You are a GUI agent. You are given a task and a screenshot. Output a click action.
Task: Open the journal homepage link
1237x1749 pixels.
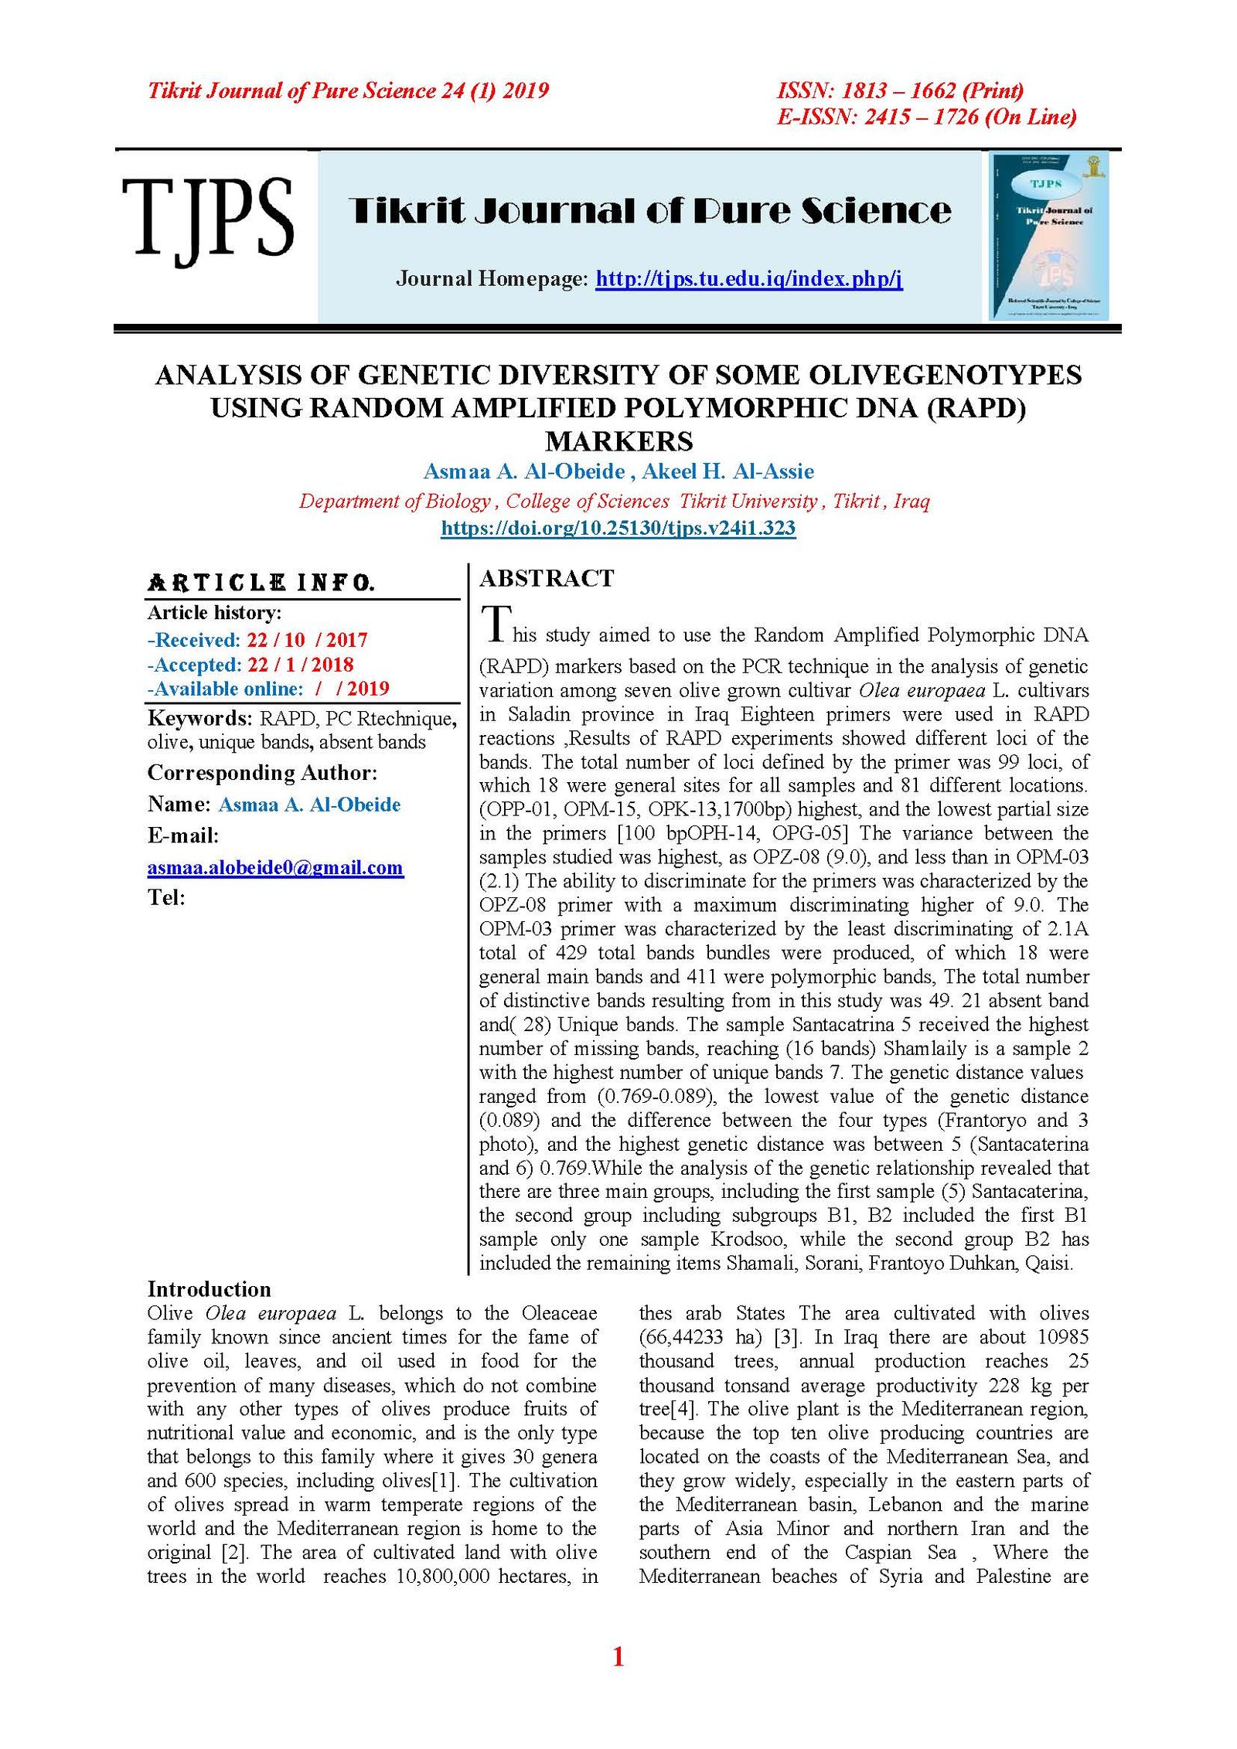click(748, 278)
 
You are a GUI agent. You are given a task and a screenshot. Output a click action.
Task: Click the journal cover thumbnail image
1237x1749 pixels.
click(1049, 236)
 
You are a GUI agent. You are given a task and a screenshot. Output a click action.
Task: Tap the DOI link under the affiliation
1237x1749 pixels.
click(618, 528)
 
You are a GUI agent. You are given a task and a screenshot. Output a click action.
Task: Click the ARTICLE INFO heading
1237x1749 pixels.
click(261, 583)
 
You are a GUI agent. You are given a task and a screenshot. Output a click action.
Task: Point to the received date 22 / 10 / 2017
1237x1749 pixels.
click(307, 640)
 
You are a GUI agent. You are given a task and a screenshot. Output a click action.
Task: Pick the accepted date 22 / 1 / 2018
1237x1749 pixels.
click(300, 665)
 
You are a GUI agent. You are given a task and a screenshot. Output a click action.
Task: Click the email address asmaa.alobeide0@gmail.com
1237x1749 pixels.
click(275, 867)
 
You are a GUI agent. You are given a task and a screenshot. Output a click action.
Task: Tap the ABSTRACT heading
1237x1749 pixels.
click(547, 578)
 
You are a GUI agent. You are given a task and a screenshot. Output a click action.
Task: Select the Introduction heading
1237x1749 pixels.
click(209, 1289)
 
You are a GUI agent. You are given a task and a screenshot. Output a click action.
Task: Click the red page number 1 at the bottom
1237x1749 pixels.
click(618, 1656)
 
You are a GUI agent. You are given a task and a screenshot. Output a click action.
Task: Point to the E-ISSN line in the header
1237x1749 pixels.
click(926, 117)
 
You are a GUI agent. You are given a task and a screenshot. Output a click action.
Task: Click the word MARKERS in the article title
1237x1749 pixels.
click(618, 441)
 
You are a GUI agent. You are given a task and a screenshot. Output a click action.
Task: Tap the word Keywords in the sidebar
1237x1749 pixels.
click(199, 718)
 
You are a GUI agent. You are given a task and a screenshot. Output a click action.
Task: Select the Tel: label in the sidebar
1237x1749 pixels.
click(166, 897)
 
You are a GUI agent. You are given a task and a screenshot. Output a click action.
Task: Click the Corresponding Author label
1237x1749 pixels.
click(262, 773)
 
